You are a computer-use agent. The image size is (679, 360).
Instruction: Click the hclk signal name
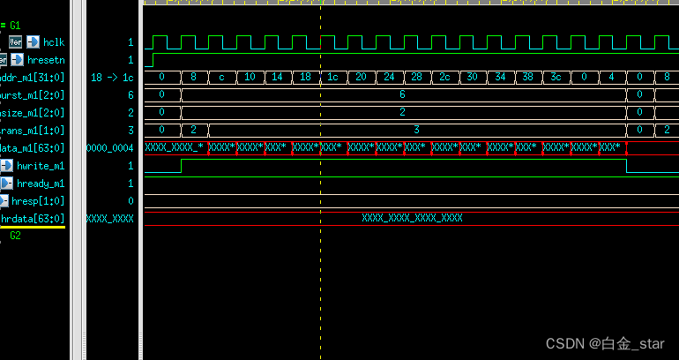click(x=54, y=42)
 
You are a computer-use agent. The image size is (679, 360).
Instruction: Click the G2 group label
click(x=15, y=236)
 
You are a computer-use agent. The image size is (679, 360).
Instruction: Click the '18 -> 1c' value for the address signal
click(x=112, y=78)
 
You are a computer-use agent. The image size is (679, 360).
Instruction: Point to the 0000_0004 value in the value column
click(x=109, y=148)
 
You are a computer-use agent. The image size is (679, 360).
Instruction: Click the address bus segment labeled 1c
click(x=333, y=78)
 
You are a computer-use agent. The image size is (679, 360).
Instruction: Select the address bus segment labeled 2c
click(x=444, y=78)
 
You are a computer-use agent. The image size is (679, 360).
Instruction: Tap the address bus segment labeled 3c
click(x=556, y=78)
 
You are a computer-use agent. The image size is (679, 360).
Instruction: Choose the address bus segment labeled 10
click(x=250, y=78)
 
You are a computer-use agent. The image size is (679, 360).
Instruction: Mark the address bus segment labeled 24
click(x=389, y=78)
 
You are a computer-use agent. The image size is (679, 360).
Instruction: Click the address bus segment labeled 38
click(x=527, y=78)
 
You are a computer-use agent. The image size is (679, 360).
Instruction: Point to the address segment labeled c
click(x=222, y=78)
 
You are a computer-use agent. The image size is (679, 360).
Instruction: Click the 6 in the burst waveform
click(x=402, y=95)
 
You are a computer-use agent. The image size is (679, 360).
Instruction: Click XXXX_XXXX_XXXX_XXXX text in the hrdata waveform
click(x=412, y=218)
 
